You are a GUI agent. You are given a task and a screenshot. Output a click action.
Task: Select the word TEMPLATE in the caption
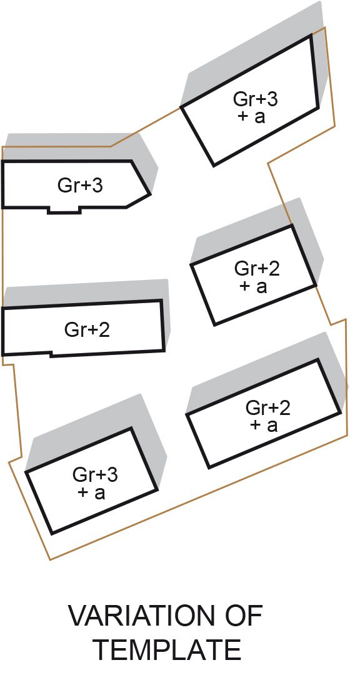(x=167, y=649)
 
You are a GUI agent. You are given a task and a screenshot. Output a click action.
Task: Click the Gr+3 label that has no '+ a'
(x=80, y=186)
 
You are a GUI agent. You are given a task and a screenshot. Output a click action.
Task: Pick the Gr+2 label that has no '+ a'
(x=87, y=330)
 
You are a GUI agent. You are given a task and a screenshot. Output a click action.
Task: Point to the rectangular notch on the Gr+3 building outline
(x=64, y=210)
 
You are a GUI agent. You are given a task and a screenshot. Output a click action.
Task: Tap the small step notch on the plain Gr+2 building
(x=51, y=354)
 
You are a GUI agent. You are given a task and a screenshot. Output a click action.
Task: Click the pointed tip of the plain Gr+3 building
(x=151, y=194)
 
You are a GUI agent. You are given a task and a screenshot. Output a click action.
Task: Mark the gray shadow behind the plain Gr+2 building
(x=86, y=292)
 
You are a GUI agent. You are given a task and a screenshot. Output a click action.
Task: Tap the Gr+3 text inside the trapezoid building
(x=256, y=99)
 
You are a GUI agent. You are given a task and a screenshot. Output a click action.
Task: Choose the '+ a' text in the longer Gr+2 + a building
(x=264, y=425)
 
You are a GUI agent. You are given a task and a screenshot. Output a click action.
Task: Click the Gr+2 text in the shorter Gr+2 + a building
(x=257, y=269)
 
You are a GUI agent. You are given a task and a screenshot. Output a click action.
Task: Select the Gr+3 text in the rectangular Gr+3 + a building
(x=95, y=475)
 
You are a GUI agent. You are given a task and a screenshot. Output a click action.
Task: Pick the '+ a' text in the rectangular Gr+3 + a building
(x=91, y=492)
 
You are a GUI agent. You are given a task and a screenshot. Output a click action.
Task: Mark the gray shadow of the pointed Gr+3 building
(x=82, y=149)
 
